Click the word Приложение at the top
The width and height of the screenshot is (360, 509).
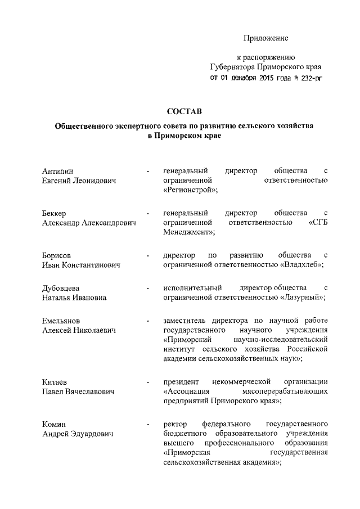tap(265, 38)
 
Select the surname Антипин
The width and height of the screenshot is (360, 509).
tap(58, 170)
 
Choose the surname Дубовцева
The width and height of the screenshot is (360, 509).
tap(62, 288)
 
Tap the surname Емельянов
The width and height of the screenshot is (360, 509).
tap(64, 321)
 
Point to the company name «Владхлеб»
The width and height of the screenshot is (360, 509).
tap(301, 265)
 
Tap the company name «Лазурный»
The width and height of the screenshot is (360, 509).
tap(302, 298)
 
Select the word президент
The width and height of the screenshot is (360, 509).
tap(181, 382)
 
